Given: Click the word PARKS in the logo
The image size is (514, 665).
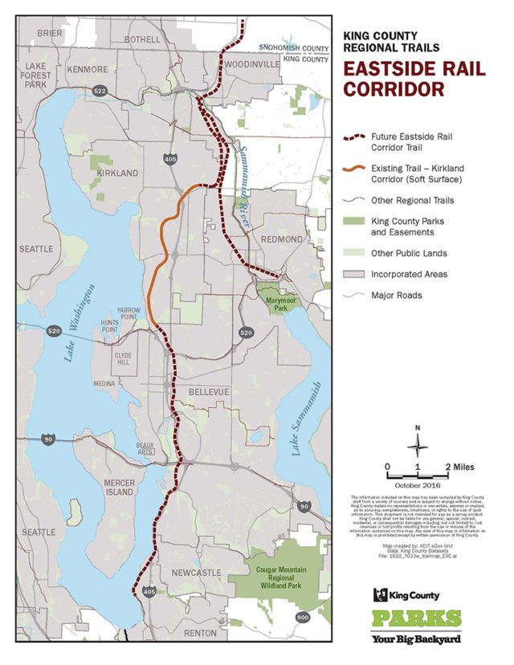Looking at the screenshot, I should (x=416, y=619).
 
